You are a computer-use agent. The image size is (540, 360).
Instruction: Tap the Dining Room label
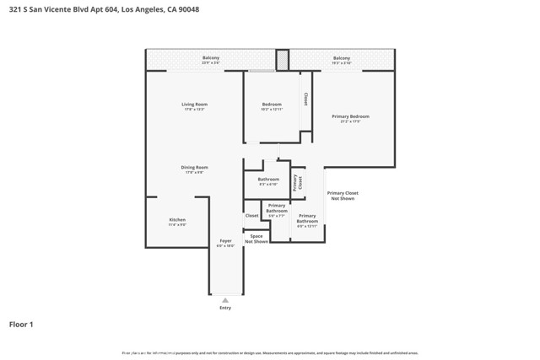coord(194,169)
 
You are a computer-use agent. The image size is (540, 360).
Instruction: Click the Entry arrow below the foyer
coord(225,299)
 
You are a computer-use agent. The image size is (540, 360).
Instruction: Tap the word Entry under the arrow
coord(225,308)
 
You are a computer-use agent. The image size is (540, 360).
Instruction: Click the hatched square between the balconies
coord(283,60)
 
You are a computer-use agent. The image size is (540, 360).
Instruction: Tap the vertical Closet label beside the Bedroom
coord(305,99)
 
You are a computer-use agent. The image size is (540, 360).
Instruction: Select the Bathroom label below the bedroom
coord(268,180)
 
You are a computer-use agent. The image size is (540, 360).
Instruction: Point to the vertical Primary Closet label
coord(295,184)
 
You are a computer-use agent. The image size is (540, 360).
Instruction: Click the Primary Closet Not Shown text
coord(343,196)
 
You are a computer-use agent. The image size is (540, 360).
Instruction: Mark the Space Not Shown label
coord(256,239)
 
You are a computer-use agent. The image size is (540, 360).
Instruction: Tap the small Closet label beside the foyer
coord(251,216)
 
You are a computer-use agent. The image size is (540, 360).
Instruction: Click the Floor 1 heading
coord(21,324)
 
